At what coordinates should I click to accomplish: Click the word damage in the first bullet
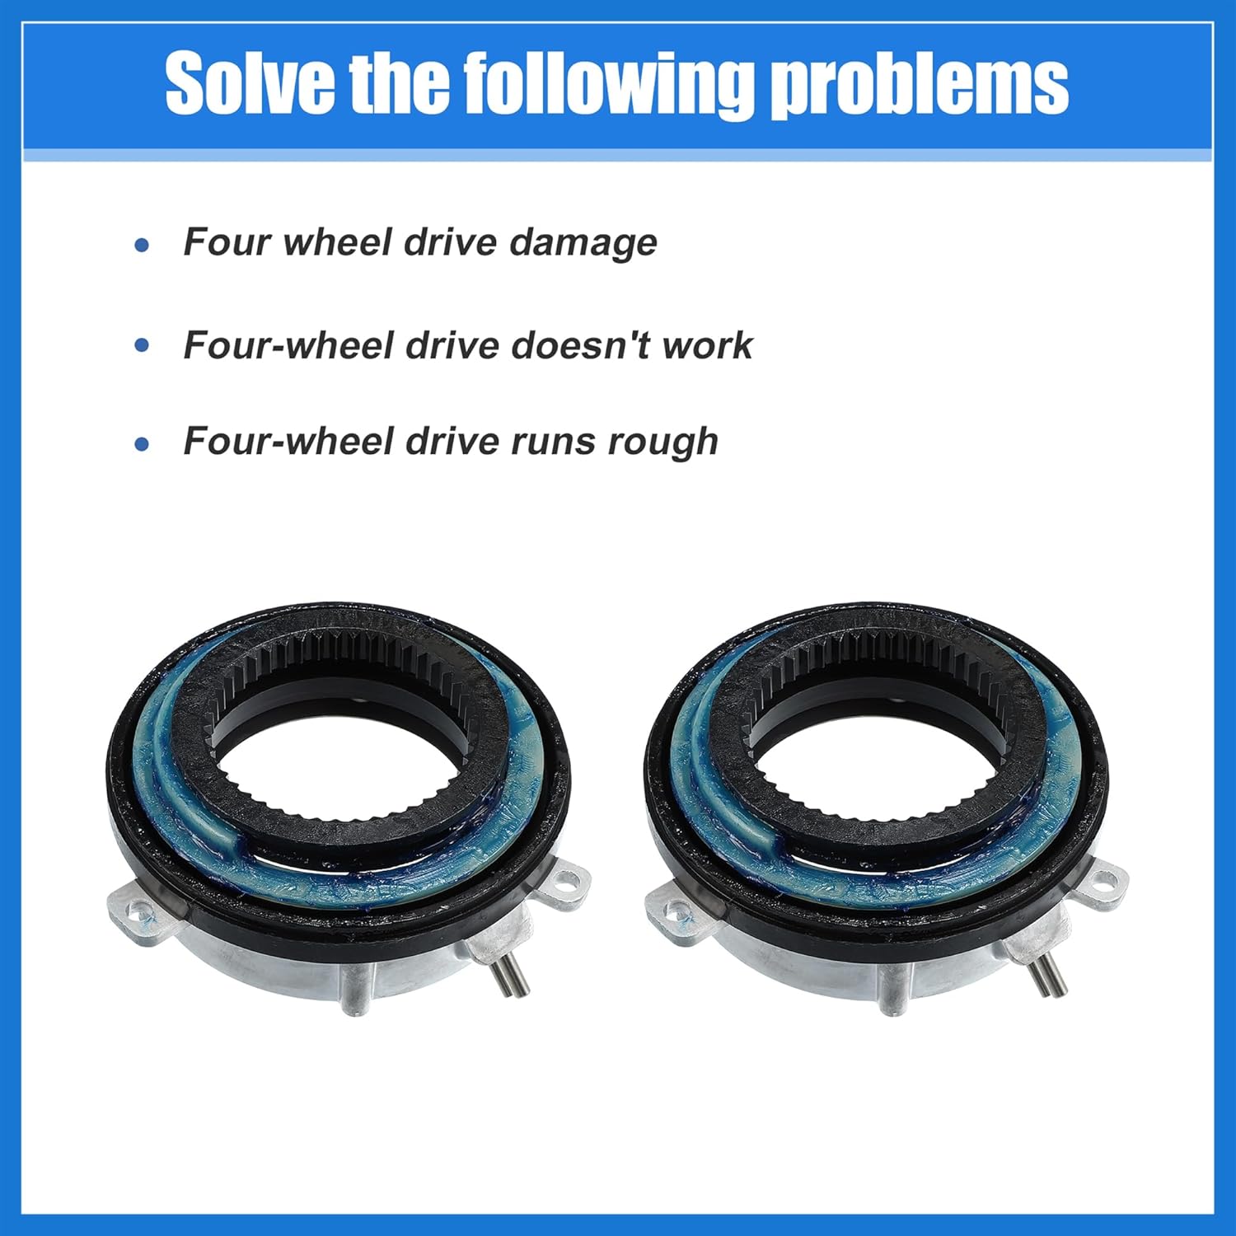[x=583, y=242]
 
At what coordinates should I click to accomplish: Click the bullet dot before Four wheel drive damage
[x=143, y=245]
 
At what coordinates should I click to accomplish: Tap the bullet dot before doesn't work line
[x=143, y=345]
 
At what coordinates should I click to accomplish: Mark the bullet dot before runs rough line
[x=143, y=445]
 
